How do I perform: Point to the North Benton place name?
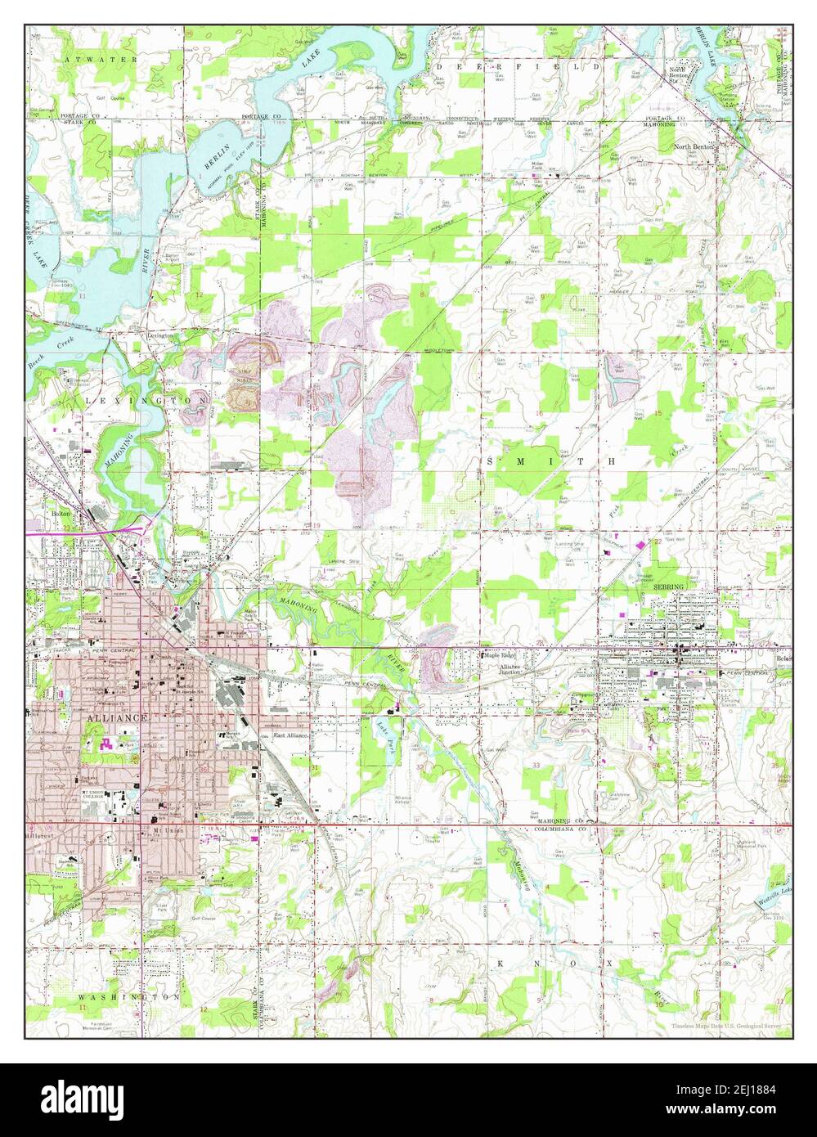click(x=694, y=147)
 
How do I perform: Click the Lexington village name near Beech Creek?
click(x=160, y=335)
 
